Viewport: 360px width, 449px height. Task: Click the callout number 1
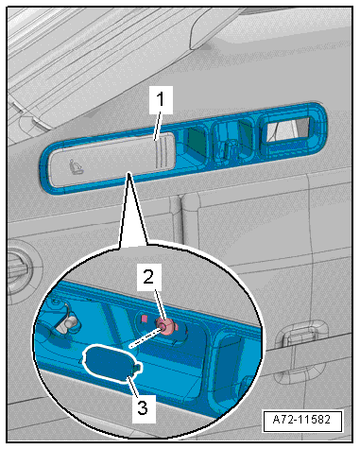click(x=161, y=99)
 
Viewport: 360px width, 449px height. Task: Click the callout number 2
click(x=148, y=278)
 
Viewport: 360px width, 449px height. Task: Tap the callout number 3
click(x=143, y=408)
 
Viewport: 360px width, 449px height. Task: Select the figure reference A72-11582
click(x=302, y=420)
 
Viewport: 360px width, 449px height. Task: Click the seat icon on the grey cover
click(x=77, y=166)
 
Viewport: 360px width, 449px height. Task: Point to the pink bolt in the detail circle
click(x=167, y=326)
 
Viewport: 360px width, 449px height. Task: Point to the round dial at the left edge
click(x=21, y=272)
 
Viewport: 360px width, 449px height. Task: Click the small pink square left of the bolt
click(x=144, y=319)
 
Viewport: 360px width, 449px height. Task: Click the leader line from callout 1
click(x=158, y=127)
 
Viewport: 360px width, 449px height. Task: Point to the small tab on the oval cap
click(x=137, y=368)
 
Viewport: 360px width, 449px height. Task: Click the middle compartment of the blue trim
click(x=232, y=141)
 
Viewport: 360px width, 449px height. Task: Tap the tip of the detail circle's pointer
click(x=129, y=172)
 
